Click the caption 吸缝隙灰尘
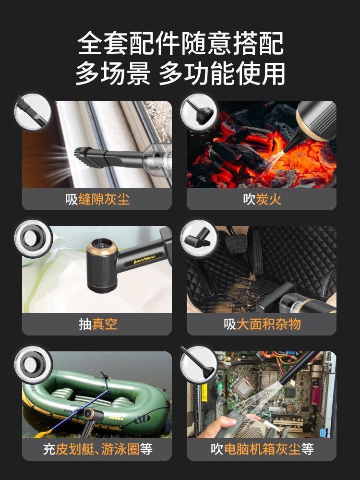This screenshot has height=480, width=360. [x=97, y=199]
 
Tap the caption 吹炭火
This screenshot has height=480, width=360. [x=262, y=199]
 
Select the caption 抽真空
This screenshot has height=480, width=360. [x=97, y=324]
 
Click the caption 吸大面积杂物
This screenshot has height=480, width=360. [x=262, y=324]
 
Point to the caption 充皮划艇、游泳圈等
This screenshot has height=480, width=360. [x=97, y=449]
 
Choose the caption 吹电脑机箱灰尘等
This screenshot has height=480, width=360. [x=262, y=449]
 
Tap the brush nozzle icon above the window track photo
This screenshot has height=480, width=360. [x=33, y=112]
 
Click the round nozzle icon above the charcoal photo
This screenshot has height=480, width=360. [x=199, y=112]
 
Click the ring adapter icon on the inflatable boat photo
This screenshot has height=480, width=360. [x=33, y=365]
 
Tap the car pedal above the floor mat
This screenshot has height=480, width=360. [x=236, y=243]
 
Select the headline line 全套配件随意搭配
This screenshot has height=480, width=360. [x=180, y=43]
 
